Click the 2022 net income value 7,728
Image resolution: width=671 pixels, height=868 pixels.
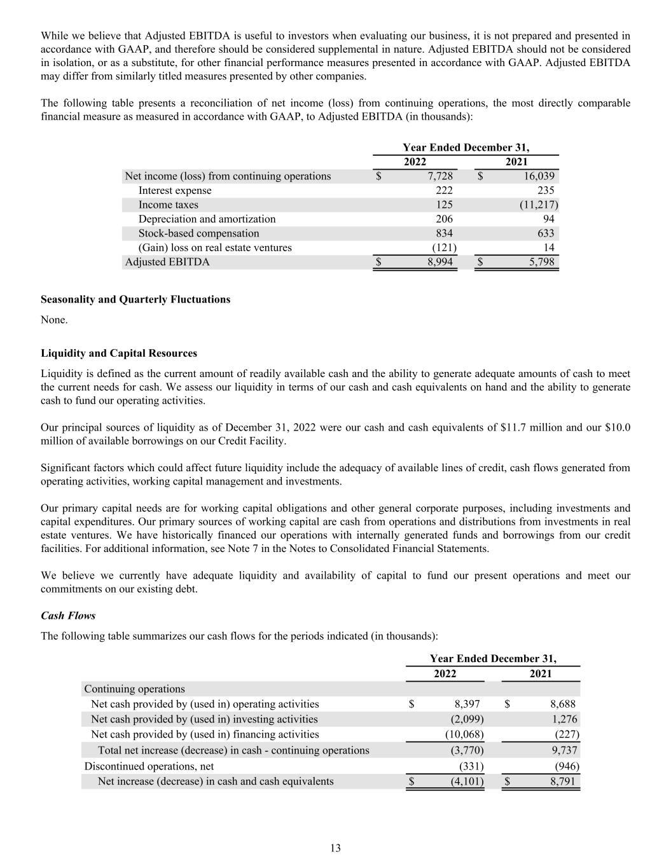click(x=440, y=176)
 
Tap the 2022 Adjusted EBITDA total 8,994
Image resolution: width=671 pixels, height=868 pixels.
click(x=440, y=262)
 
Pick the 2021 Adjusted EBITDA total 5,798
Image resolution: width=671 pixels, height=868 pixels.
click(x=541, y=262)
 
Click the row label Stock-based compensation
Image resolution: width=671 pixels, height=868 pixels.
click(x=198, y=233)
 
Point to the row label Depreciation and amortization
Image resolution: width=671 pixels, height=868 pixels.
click(x=207, y=219)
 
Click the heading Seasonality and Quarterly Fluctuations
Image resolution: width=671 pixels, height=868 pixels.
click(x=135, y=300)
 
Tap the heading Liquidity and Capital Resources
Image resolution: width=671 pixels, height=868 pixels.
click(x=119, y=354)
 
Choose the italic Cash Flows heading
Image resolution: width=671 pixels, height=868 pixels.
click(x=68, y=616)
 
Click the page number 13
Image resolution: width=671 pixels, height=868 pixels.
click(x=335, y=848)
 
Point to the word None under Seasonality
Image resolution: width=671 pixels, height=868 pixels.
click(x=54, y=320)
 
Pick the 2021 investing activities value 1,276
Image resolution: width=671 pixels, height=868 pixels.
click(x=562, y=719)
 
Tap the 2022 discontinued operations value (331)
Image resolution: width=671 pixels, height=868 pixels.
click(x=471, y=766)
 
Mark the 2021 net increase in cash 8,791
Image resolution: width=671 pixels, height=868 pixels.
click(x=562, y=781)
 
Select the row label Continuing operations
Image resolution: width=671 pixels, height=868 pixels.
click(x=135, y=689)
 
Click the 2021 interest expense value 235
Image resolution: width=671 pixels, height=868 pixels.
click(x=545, y=191)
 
